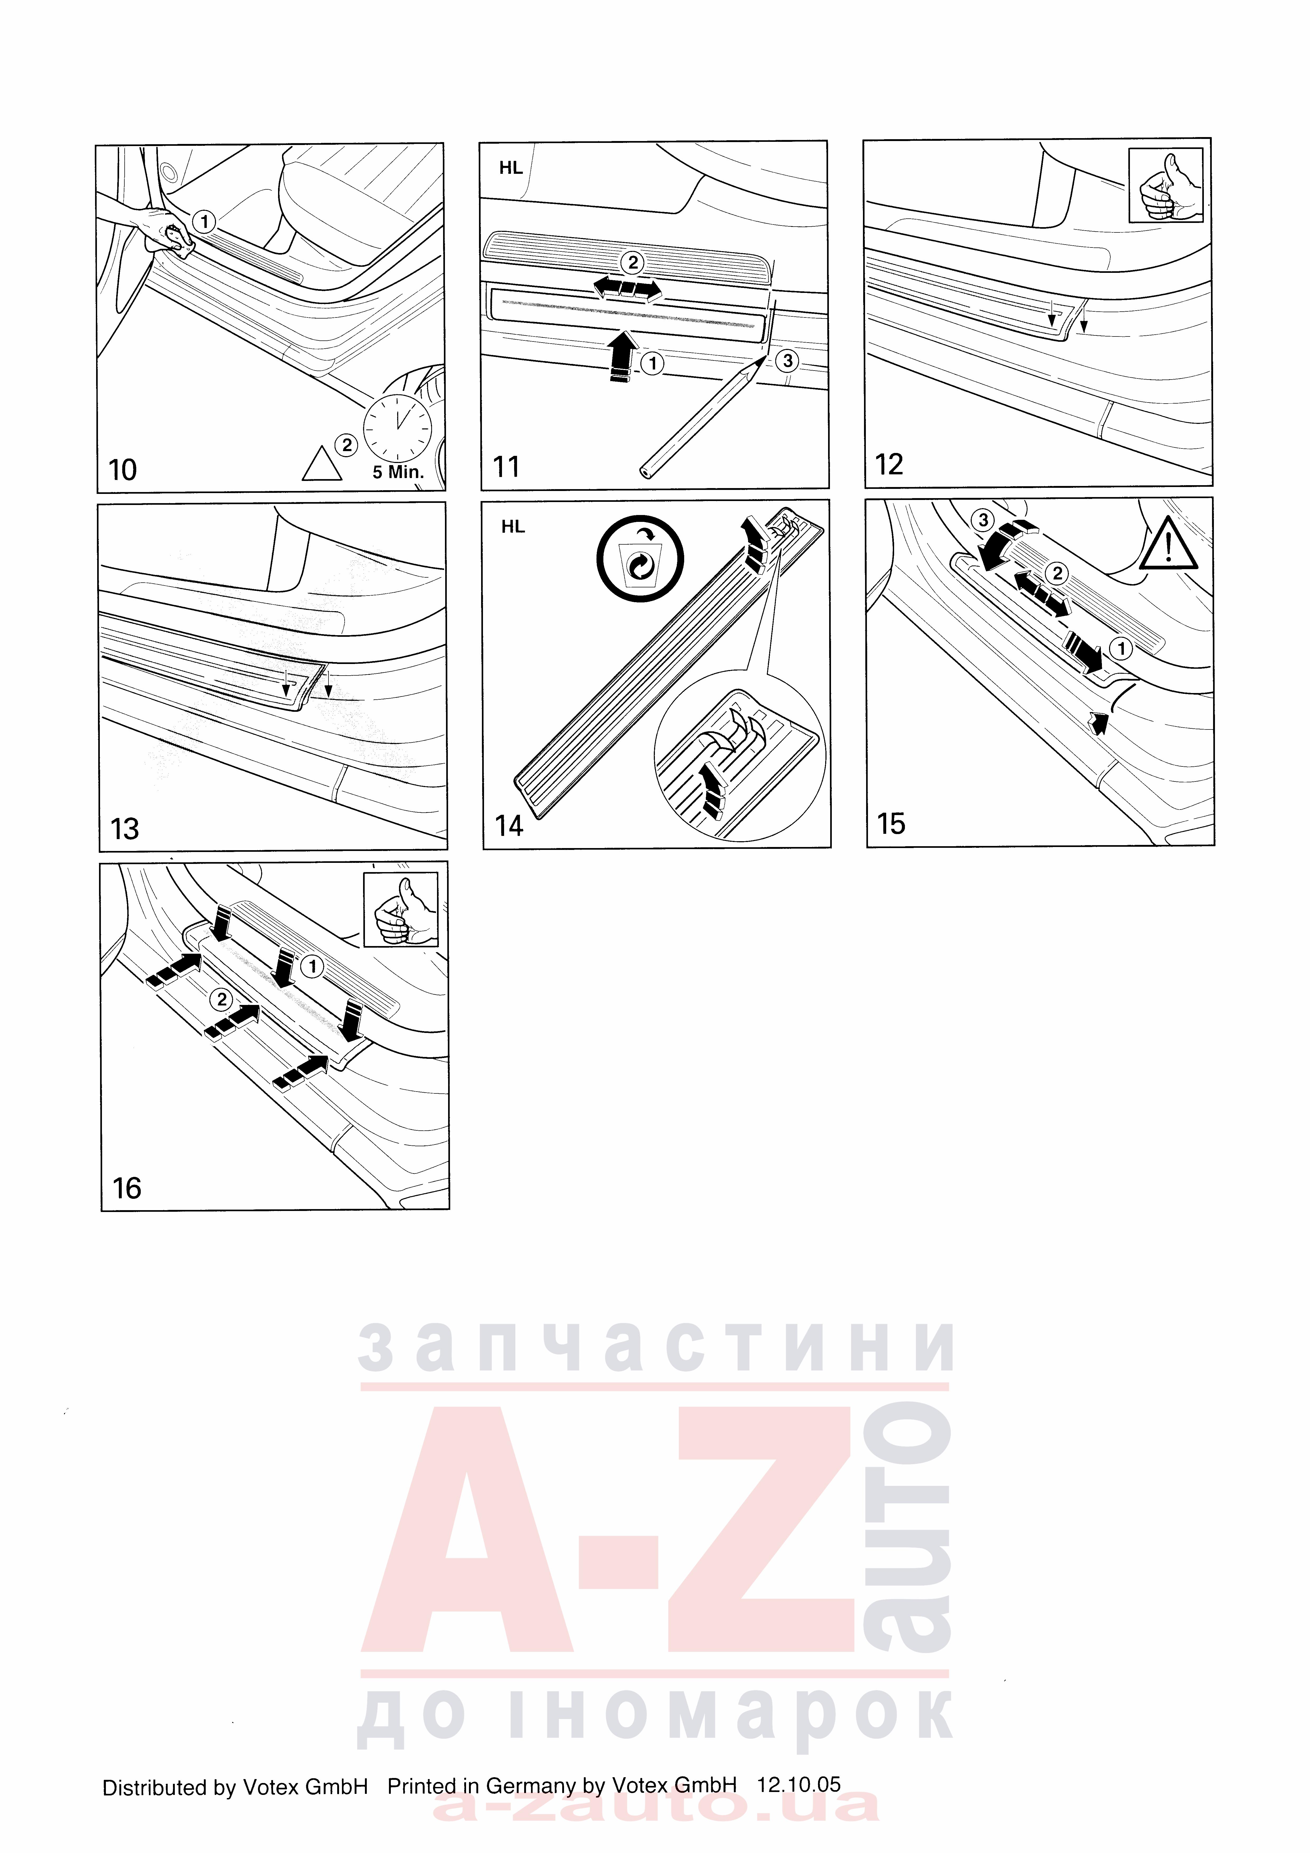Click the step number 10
(x=123, y=470)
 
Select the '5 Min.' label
(x=398, y=472)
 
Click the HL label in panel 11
(x=511, y=168)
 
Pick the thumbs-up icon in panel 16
(x=401, y=910)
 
